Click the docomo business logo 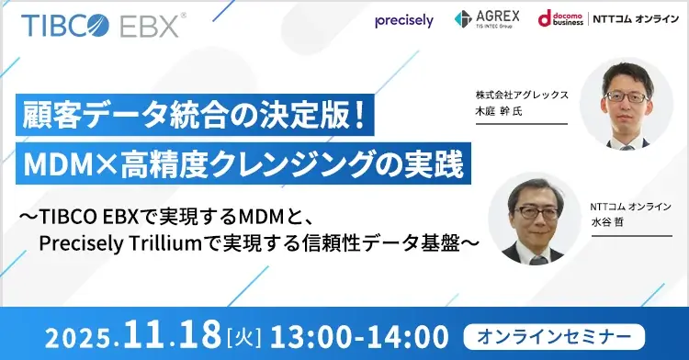(x=561, y=20)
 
